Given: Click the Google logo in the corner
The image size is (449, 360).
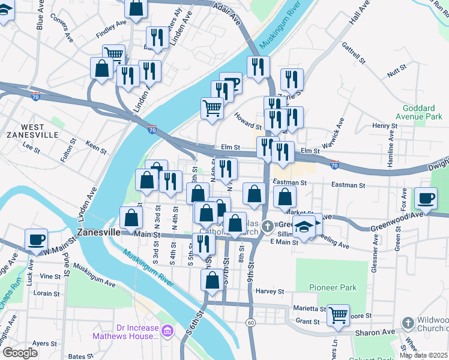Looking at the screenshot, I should coord(20,353).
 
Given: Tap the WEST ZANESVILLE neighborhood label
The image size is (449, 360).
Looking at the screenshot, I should coord(32,130).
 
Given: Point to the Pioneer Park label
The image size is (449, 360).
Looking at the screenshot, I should coord(333,287).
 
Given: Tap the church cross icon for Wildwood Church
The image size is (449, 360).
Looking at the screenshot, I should coord(408,323).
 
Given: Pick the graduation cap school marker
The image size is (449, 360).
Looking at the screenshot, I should coord(304,229).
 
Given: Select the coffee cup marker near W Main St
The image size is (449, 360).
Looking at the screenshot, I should coord(36,240).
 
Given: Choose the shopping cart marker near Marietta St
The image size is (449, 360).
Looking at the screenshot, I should coord(339,314).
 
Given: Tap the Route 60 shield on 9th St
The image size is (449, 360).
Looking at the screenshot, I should coord(250,323).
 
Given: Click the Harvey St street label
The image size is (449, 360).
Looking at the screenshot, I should coord(270,292).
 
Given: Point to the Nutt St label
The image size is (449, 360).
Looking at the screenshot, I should coord(394,73).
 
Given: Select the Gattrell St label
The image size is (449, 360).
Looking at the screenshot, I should coord(354,53).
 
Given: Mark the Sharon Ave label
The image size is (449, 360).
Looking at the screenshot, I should coord(378,331).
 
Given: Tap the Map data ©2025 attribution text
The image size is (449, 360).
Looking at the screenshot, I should coord(423,355).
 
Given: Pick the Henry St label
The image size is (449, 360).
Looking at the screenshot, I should coord(381,126).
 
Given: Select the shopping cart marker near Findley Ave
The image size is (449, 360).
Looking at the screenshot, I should coord(113,55).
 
